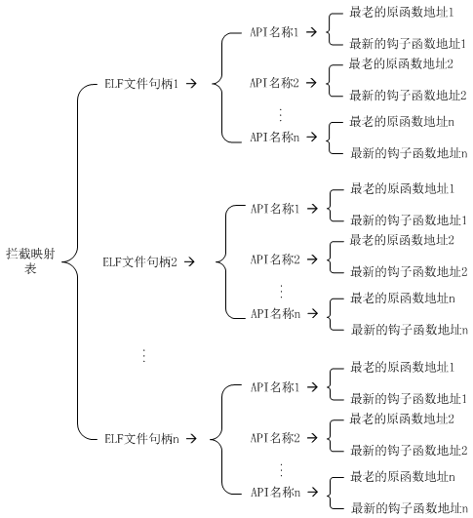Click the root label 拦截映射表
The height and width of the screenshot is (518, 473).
tap(30, 261)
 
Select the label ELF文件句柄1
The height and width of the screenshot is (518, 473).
tap(141, 84)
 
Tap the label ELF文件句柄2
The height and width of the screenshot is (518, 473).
tap(140, 262)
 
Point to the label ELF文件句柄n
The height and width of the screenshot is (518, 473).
tap(141, 439)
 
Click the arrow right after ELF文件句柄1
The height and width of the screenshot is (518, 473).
tap(191, 84)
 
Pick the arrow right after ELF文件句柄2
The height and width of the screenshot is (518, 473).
tap(190, 262)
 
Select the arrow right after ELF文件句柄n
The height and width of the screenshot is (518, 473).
tap(191, 439)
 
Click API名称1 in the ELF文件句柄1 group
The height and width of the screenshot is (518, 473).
tap(274, 32)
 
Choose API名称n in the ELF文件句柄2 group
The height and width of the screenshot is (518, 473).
tap(275, 313)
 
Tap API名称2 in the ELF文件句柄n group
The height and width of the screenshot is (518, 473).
tap(275, 438)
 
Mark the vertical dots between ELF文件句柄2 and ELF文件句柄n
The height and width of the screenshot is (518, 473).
tap(143, 355)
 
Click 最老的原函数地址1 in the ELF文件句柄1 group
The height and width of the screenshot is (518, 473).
tap(402, 13)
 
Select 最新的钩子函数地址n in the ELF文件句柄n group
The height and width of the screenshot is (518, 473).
tap(410, 508)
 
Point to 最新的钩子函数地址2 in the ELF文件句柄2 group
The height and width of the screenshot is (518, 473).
tap(409, 271)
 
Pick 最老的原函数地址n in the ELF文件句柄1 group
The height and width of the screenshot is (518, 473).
tap(402, 122)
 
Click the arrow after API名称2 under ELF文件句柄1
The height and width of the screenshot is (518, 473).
tap(311, 83)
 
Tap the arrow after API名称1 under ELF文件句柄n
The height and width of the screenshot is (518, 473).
tap(312, 387)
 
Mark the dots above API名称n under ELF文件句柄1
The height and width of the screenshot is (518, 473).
tap(281, 114)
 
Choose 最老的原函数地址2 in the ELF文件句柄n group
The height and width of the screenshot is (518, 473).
tap(403, 418)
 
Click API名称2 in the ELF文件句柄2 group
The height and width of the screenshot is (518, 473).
tap(275, 259)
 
